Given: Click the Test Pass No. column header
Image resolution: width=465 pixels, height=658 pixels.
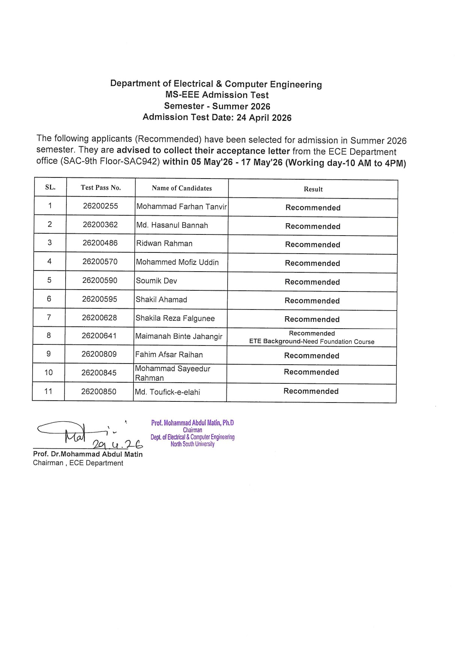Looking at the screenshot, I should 100,188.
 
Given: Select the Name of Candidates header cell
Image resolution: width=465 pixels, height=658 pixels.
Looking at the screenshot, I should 181,188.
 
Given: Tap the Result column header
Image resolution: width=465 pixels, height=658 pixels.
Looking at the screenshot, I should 313,189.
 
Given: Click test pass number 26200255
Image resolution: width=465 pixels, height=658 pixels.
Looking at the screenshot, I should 100,206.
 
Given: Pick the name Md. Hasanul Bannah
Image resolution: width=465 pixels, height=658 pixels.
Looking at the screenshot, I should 172,225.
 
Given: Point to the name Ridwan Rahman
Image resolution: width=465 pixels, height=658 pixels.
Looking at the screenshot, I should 164,243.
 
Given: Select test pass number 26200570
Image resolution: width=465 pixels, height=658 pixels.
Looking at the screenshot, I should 100,262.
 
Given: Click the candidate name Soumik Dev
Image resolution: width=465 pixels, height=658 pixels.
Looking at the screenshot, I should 156,281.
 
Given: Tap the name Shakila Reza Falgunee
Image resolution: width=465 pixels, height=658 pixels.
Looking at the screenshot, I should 175,318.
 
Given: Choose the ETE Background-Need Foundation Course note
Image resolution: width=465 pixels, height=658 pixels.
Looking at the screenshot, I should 312,342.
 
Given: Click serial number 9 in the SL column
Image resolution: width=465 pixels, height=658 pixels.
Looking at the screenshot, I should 49,354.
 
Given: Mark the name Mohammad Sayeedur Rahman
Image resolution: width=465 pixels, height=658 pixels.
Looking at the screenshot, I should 172,373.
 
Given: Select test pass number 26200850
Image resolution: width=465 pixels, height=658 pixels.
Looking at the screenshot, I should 99,392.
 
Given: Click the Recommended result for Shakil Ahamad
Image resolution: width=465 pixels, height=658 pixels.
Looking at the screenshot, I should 312,301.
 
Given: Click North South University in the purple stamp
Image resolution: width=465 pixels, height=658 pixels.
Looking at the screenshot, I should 192,444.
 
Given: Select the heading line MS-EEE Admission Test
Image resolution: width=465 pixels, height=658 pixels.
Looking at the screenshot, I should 217,95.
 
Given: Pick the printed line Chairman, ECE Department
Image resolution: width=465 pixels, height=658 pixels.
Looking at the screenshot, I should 78,463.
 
